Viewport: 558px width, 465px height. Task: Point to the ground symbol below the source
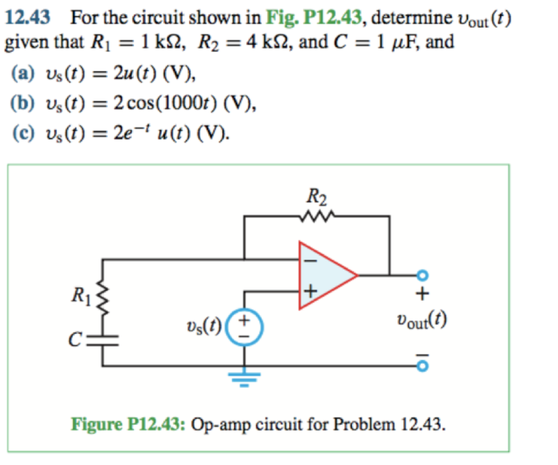coord(245,377)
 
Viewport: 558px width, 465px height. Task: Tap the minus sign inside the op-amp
coord(309,260)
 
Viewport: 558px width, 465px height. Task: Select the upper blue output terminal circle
coord(423,275)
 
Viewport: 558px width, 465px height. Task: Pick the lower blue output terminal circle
coord(423,365)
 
